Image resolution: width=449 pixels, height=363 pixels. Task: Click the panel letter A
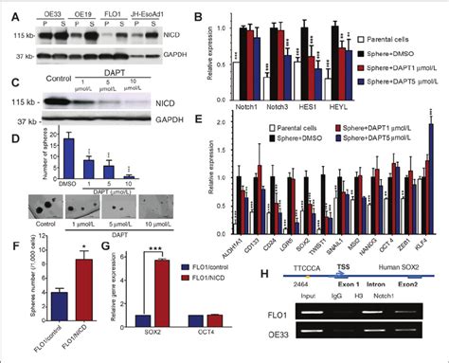pyautogui.click(x=8, y=11)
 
